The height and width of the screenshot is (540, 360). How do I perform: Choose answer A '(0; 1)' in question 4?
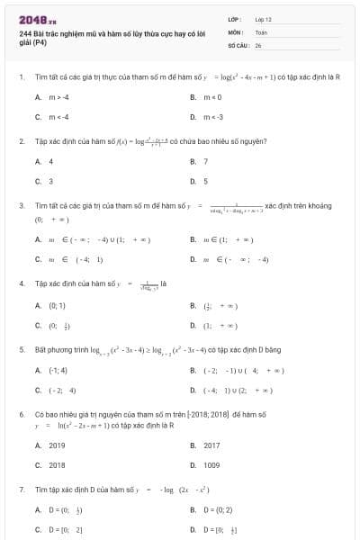pos(56,305)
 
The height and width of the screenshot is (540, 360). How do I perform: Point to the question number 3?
pos(21,205)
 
